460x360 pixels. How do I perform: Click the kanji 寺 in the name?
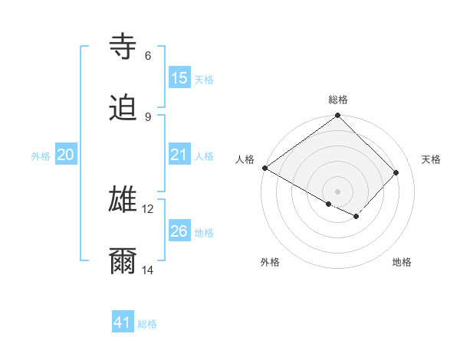coord(123,46)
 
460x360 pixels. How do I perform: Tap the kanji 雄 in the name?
coord(123,199)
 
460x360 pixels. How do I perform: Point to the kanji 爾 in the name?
coord(123,261)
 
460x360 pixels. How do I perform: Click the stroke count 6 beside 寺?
coord(147,55)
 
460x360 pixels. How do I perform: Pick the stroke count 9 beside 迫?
coord(147,116)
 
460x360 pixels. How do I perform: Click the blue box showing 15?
coord(179,78)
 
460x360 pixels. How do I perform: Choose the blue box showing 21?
coord(179,155)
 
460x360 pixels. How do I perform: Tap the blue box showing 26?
coord(179,231)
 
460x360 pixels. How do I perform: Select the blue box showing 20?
coord(66,155)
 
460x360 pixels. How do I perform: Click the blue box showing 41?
coord(123,322)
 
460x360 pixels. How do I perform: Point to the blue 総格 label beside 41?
coord(147,324)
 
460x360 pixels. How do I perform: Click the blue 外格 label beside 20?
coord(41,156)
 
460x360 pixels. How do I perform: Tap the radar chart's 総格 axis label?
coord(338,100)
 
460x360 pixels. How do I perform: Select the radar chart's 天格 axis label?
coord(432,159)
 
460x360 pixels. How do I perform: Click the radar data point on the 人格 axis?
coord(264,168)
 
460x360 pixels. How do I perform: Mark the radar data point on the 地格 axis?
coord(356,217)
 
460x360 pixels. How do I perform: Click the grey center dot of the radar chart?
coord(337,191)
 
